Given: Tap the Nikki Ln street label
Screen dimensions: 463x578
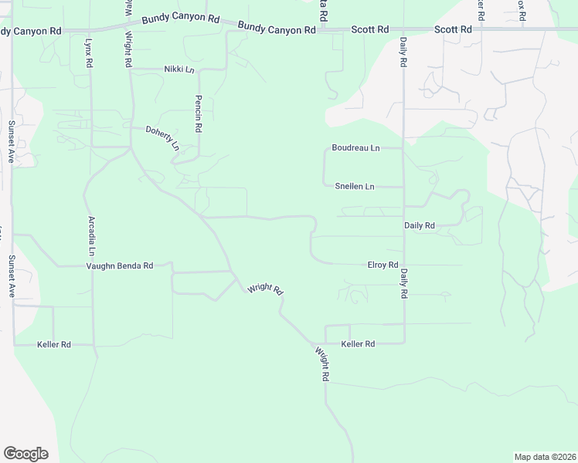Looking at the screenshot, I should tap(178, 69).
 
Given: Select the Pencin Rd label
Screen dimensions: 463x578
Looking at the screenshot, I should tap(199, 113).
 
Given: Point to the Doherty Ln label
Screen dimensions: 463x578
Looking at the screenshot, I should tap(162, 138).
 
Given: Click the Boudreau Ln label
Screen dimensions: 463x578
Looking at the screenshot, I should tap(355, 147).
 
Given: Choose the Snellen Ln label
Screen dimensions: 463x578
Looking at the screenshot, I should tap(355, 187).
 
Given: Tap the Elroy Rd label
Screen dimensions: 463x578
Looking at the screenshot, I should tap(382, 265).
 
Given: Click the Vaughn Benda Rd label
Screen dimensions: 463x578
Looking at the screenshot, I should tap(119, 265).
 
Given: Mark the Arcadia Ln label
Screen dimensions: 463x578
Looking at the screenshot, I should tap(91, 236).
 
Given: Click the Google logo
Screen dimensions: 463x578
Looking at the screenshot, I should tap(25, 454).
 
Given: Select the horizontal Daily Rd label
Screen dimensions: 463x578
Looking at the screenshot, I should tap(420, 225).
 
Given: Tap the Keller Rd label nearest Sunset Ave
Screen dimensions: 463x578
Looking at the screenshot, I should tap(54, 344).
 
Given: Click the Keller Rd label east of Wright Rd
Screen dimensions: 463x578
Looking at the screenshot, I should tap(358, 343).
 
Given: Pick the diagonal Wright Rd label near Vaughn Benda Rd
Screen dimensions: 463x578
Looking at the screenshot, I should tap(265, 289).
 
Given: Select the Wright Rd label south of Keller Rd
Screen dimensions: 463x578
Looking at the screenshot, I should tap(323, 365).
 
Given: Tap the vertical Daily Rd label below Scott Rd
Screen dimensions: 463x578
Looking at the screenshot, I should tap(403, 52).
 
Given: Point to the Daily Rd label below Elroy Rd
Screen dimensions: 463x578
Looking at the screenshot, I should tap(403, 284).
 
